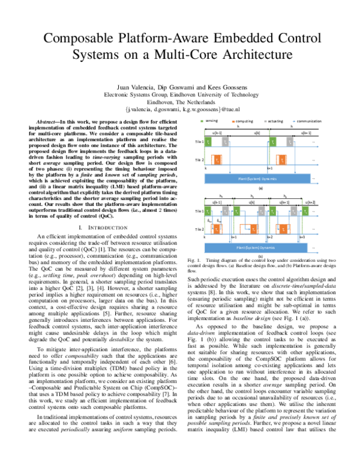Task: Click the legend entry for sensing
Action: tap(212, 121)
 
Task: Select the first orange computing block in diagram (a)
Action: tap(218, 160)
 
